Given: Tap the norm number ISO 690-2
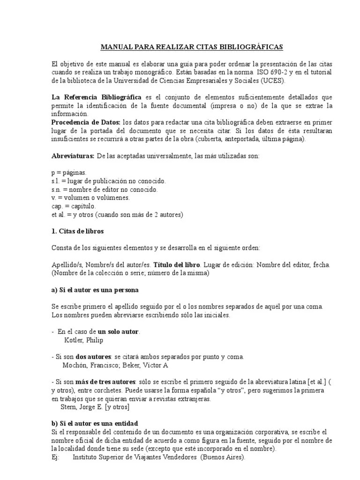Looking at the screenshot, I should (273, 72).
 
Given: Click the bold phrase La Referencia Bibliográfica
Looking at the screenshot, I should (96, 97).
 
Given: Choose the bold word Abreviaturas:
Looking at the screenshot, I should (73, 156).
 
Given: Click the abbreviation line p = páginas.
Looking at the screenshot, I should (69, 173).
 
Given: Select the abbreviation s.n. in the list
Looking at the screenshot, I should (57, 189).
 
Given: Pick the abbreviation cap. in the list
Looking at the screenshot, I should (57, 206).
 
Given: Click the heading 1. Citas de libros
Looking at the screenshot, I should (77, 232).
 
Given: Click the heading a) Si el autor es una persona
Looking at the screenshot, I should (95, 290).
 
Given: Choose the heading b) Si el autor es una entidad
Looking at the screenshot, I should (95, 423).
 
